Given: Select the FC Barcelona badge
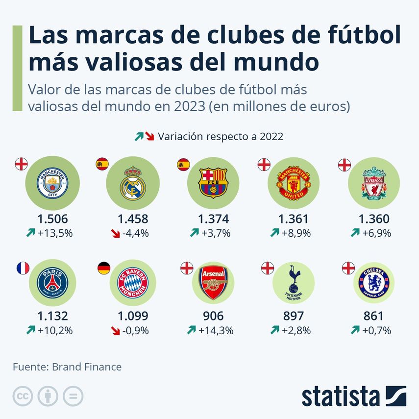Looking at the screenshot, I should click(213, 182).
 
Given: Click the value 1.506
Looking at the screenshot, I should click(52, 219).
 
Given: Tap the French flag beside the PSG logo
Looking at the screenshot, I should click(23, 268).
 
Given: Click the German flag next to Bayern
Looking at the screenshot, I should click(103, 268).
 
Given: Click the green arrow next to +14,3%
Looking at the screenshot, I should click(191, 331).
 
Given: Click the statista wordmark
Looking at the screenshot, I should click(340, 396).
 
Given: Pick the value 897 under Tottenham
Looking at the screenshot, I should click(294, 317).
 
